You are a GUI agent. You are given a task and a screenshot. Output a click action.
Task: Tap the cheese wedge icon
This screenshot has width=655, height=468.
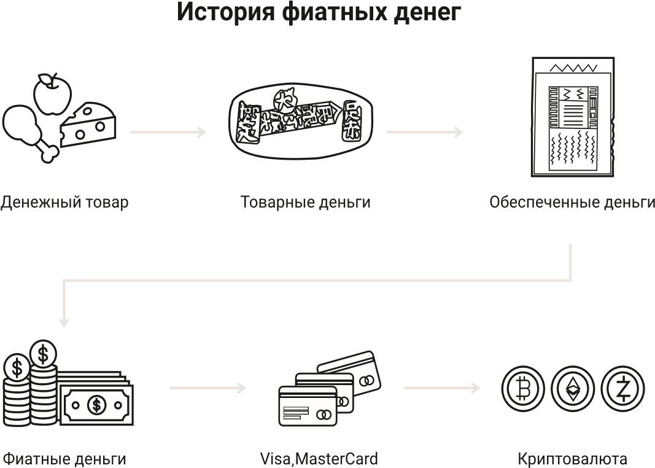point(88,125)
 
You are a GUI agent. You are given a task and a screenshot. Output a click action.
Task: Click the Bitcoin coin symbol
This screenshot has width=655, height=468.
point(523,388)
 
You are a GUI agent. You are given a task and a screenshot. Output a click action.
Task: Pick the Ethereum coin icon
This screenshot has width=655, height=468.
point(572,388)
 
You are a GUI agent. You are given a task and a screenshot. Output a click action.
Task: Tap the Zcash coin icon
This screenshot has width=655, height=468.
point(621,388)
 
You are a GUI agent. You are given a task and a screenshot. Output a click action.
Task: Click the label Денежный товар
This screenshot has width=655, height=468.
point(64,202)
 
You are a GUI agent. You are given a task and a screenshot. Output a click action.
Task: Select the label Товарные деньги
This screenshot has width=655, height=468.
point(305,202)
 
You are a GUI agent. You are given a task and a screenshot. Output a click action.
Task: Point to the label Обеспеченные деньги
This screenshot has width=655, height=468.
point(572,202)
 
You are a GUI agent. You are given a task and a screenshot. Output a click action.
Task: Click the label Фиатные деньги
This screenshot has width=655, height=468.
point(64,458)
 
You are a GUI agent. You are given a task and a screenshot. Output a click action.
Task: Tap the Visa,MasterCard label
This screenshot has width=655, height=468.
point(319,458)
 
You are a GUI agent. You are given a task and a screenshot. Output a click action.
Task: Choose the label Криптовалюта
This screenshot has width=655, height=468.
point(572,458)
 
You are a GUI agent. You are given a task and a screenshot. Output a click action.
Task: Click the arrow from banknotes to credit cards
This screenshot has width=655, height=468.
point(207,388)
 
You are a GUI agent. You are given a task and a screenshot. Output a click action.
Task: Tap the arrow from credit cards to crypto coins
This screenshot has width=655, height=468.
point(441,388)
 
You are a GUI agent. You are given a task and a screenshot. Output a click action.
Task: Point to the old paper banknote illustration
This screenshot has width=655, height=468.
point(572,117)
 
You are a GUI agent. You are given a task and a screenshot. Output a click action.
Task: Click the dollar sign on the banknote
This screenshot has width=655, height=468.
point(96,404)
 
